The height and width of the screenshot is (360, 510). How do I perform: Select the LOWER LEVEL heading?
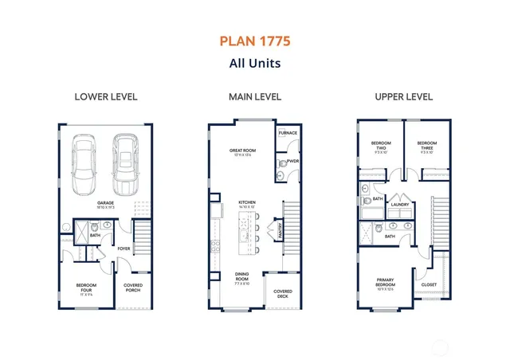tap(106, 96)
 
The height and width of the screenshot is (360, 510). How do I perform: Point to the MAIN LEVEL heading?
tap(254, 96)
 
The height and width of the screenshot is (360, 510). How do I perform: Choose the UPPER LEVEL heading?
tap(403, 96)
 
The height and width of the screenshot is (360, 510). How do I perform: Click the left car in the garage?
tap(86, 165)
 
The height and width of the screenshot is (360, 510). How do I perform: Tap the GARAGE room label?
tap(106, 203)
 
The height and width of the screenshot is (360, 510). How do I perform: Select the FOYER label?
tap(124, 248)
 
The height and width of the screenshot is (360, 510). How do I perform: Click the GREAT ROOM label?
tap(242, 151)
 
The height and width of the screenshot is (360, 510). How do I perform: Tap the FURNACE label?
tap(288, 132)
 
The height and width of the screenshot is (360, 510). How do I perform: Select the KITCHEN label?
tap(247, 202)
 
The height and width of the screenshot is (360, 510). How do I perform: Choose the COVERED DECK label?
tap(283, 293)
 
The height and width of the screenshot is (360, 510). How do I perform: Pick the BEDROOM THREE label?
tap(426, 144)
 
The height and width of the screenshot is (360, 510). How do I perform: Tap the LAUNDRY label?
tap(399, 204)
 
